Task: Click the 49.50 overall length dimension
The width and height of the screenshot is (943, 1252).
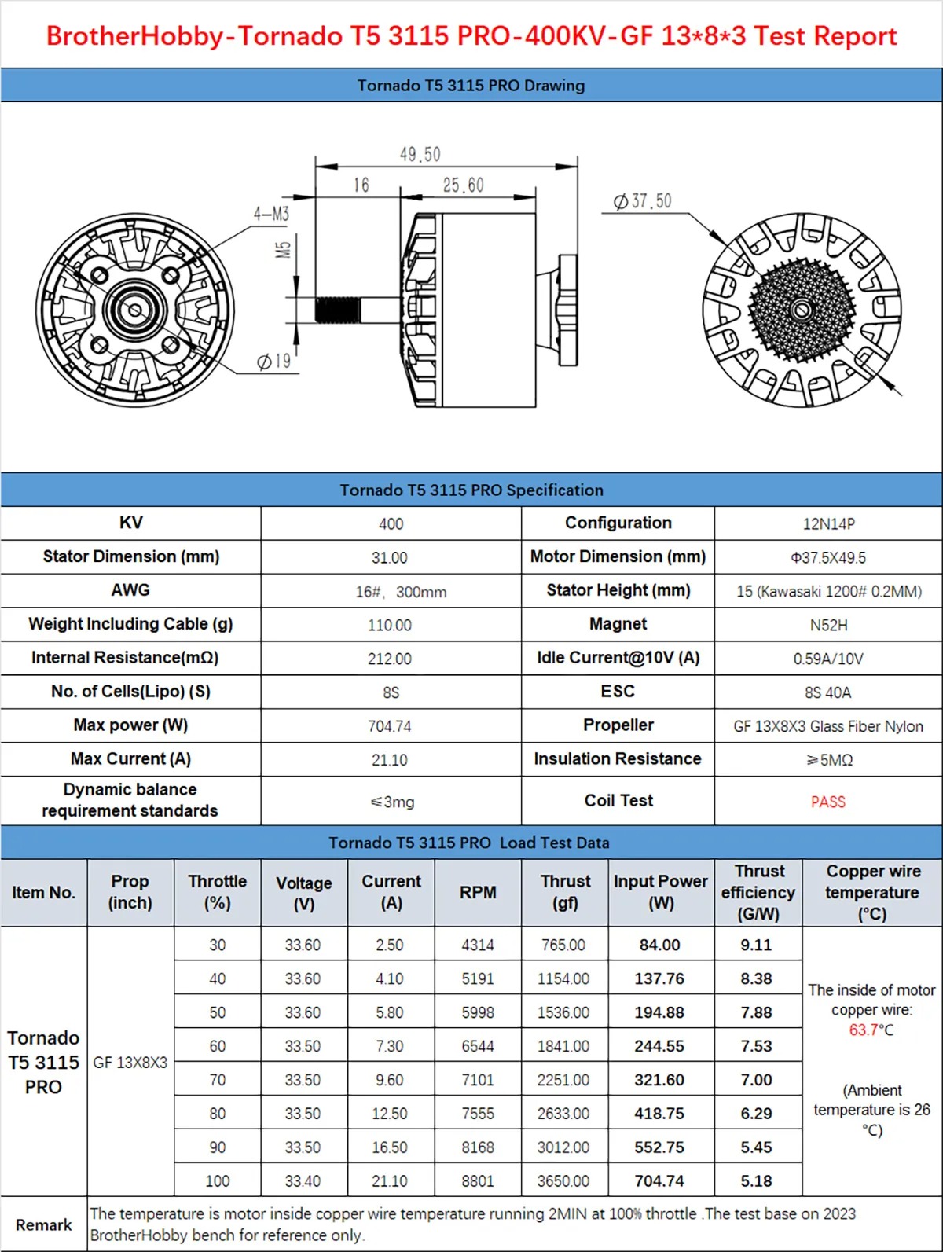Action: [x=420, y=154]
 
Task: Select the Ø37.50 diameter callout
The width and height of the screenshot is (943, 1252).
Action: [x=643, y=201]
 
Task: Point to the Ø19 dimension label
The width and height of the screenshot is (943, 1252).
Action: [x=274, y=361]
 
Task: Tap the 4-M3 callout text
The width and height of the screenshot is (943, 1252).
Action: [x=271, y=213]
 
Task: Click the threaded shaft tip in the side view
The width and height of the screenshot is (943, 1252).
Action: [x=337, y=310]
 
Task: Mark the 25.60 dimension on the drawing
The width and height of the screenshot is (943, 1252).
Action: [x=463, y=185]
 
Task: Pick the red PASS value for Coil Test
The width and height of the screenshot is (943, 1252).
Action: [x=827, y=802]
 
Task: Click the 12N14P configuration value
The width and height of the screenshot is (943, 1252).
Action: [x=828, y=523]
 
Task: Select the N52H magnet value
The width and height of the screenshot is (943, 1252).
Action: [x=828, y=625]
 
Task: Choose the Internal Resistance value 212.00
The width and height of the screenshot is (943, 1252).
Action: [x=390, y=659]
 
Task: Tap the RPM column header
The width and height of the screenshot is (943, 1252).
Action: [x=478, y=893]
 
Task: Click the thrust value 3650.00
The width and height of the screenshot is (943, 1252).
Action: [x=563, y=1180]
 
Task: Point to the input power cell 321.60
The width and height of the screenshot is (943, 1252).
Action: [x=659, y=1080]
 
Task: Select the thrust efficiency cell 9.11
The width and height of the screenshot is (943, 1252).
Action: [x=756, y=945]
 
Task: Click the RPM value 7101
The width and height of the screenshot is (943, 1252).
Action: [x=478, y=1080]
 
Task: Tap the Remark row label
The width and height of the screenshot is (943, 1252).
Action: [x=43, y=1224]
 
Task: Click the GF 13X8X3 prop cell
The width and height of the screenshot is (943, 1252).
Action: [x=130, y=1063]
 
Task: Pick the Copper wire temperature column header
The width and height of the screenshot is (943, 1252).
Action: [x=872, y=893]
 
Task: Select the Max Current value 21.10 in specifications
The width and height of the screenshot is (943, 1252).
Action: [x=390, y=760]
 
